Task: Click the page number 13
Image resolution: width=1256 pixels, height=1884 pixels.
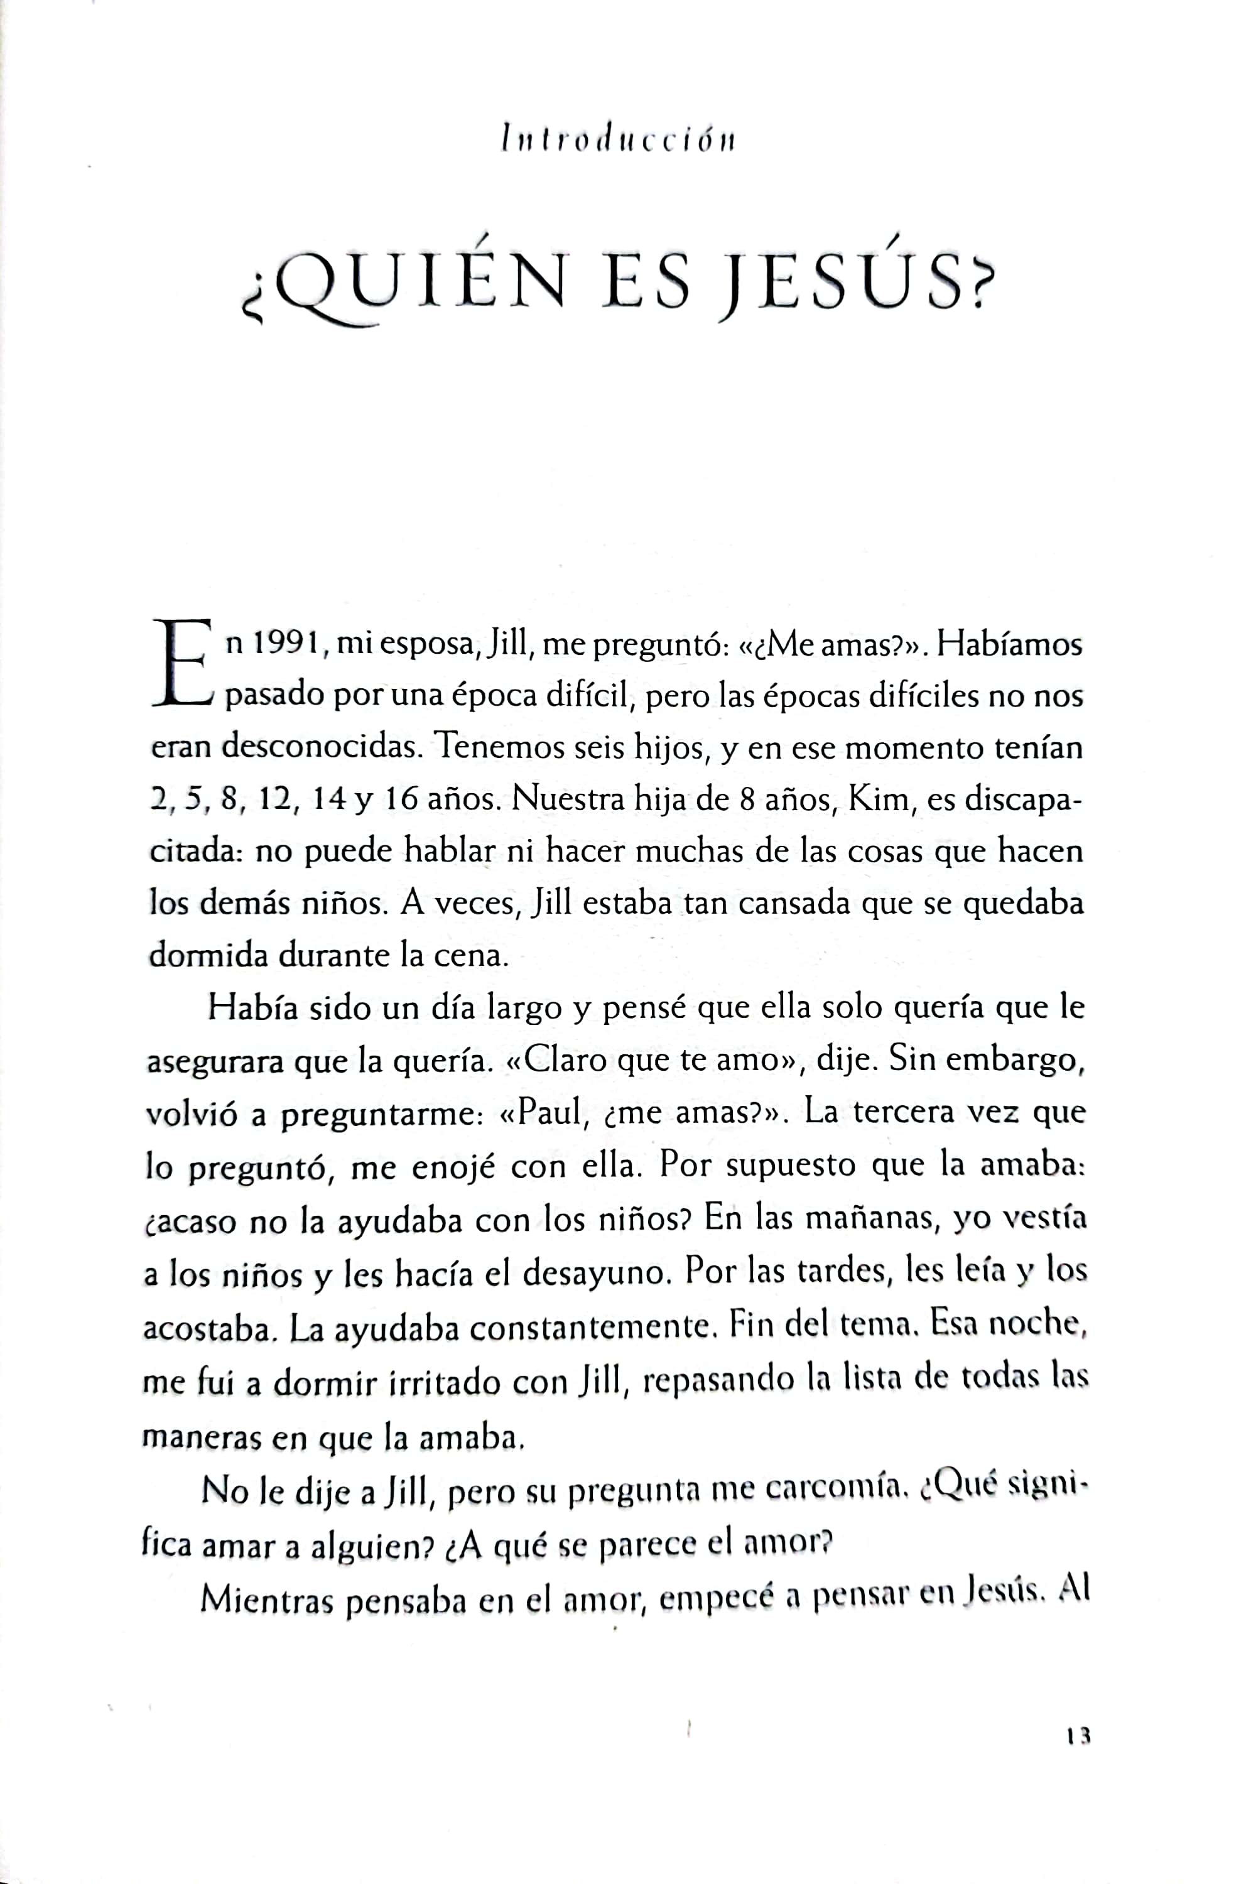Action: pos(1079,1735)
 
